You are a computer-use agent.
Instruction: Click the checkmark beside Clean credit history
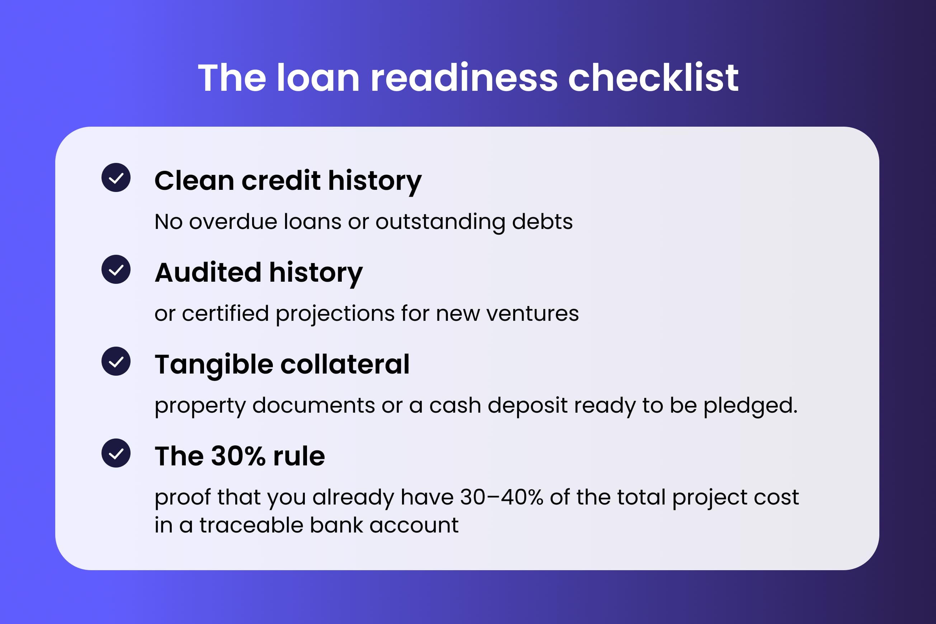click(116, 178)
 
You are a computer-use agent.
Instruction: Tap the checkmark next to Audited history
click(116, 269)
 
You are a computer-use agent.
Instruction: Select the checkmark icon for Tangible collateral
click(116, 361)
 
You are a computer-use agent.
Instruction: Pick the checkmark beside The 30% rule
click(116, 453)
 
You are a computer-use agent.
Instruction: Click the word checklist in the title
click(653, 78)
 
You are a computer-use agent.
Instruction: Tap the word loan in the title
click(318, 78)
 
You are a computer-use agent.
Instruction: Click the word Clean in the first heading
click(194, 181)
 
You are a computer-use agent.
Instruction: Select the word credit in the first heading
click(281, 181)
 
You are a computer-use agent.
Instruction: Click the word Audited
click(208, 273)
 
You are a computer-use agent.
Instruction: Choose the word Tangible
click(214, 365)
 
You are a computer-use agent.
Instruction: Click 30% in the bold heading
click(238, 456)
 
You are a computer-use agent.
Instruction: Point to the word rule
click(299, 456)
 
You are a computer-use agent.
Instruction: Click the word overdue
click(233, 222)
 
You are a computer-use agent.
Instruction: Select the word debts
click(542, 222)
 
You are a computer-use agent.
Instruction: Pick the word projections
click(335, 314)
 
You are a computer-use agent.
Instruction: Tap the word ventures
click(533, 314)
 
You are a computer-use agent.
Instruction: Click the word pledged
click(750, 405)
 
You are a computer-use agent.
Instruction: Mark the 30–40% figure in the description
click(501, 497)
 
